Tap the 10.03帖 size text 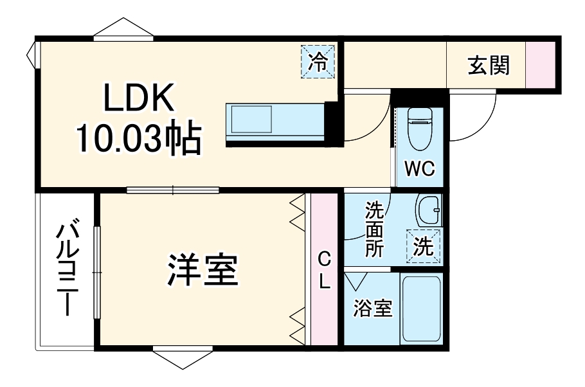tap(139, 138)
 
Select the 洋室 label tap(203, 271)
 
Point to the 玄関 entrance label tap(489, 64)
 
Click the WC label tap(419, 170)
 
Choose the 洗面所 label tap(374, 230)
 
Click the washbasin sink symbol tap(428, 211)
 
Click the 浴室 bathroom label tap(372, 309)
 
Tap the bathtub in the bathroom tap(422, 309)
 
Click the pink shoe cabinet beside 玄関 tap(541, 64)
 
